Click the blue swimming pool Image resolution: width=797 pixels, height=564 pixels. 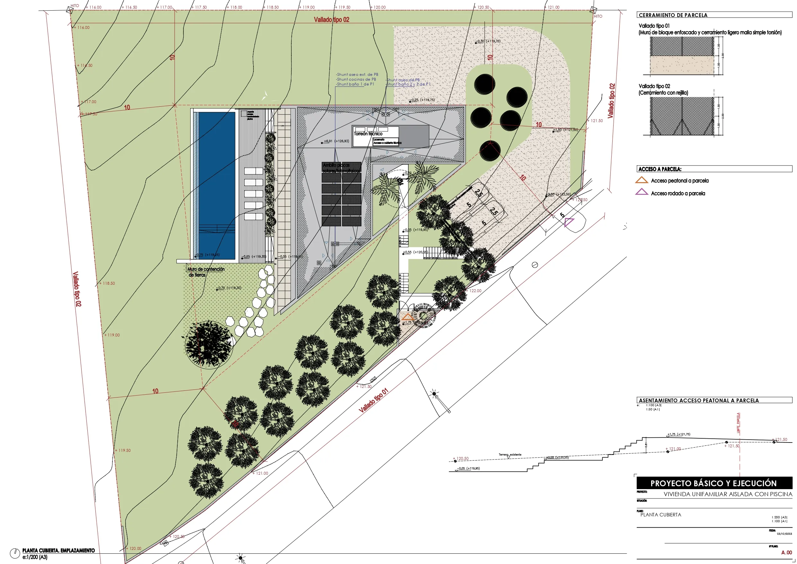pyautogui.click(x=217, y=184)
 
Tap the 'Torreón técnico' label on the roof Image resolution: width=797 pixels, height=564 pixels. pyautogui.click(x=368, y=134)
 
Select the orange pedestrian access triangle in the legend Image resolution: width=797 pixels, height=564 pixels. pyautogui.click(x=642, y=180)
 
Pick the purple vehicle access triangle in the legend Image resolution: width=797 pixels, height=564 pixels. pyautogui.click(x=642, y=192)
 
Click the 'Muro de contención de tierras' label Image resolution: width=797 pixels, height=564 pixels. pyautogui.click(x=206, y=272)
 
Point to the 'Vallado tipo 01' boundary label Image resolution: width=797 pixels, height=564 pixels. pyautogui.click(x=373, y=400)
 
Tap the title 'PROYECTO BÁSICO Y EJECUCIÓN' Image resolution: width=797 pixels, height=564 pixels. pyautogui.click(x=713, y=483)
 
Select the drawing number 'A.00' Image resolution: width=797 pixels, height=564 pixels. pyautogui.click(x=786, y=552)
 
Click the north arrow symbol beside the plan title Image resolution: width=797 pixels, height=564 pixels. pyautogui.click(x=14, y=553)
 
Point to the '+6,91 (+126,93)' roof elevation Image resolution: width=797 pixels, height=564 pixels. pyautogui.click(x=336, y=141)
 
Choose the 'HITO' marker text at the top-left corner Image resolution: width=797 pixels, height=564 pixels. pyautogui.click(x=75, y=5)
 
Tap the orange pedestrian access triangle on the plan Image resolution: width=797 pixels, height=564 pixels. pyautogui.click(x=407, y=317)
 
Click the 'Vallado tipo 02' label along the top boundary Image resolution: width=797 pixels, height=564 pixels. pyautogui.click(x=332, y=20)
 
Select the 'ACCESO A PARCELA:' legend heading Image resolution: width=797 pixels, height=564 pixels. pyautogui.click(x=660, y=169)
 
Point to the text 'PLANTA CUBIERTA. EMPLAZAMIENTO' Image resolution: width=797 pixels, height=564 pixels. pyautogui.click(x=58, y=551)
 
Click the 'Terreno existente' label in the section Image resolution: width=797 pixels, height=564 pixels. pyautogui.click(x=509, y=455)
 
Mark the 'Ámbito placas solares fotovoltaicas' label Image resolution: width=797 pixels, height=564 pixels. pyautogui.click(x=341, y=168)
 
